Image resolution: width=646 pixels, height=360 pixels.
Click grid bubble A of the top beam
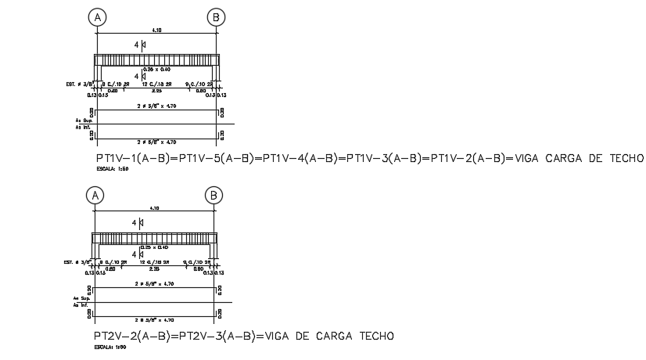(96, 16)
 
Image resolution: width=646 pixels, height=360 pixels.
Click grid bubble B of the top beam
(215, 16)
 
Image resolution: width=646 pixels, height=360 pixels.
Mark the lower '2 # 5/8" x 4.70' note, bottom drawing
(153, 320)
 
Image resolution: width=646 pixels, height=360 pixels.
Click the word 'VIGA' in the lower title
(280, 337)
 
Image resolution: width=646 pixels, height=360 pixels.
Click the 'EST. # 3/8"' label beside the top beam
(80, 83)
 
